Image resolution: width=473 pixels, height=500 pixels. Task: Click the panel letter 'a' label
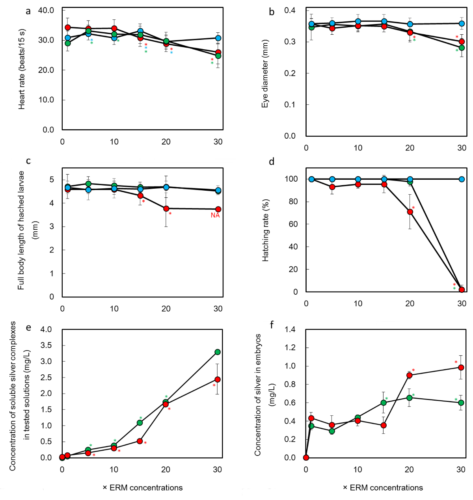pyautogui.click(x=28, y=11)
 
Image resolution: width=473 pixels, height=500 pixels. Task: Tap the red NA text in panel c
pyautogui.click(x=215, y=216)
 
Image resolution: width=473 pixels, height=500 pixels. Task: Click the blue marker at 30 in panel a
pyautogui.click(x=218, y=38)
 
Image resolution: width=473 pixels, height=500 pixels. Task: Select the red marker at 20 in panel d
pyautogui.click(x=410, y=212)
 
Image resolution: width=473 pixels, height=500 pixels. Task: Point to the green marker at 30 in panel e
pyautogui.click(x=217, y=352)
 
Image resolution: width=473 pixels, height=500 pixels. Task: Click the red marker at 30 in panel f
pyautogui.click(x=461, y=368)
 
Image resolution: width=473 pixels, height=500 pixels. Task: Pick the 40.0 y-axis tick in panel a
pyautogui.click(x=46, y=10)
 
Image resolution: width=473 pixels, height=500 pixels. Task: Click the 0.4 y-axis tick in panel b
pyautogui.click(x=290, y=10)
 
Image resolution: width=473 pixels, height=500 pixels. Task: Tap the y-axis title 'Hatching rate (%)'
pyautogui.click(x=265, y=229)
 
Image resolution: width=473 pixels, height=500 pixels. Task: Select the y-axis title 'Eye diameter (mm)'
pyautogui.click(x=265, y=73)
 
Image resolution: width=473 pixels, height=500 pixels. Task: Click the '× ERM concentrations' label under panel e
pyautogui.click(x=143, y=488)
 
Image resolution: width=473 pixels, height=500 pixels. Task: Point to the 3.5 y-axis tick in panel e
pyautogui.click(x=46, y=346)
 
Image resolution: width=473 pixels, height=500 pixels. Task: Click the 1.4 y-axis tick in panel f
pyautogui.click(x=290, y=329)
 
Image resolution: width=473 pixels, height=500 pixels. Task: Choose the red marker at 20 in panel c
pyautogui.click(x=166, y=208)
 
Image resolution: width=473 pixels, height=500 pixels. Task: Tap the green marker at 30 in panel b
pyautogui.click(x=462, y=48)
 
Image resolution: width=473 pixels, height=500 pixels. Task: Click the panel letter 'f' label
pyautogui.click(x=272, y=325)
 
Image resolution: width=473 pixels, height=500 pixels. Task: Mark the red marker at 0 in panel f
pyautogui.click(x=306, y=457)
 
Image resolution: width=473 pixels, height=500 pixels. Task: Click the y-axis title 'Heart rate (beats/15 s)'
pyautogui.click(x=21, y=69)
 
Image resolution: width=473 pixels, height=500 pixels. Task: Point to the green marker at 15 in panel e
pyautogui.click(x=140, y=423)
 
